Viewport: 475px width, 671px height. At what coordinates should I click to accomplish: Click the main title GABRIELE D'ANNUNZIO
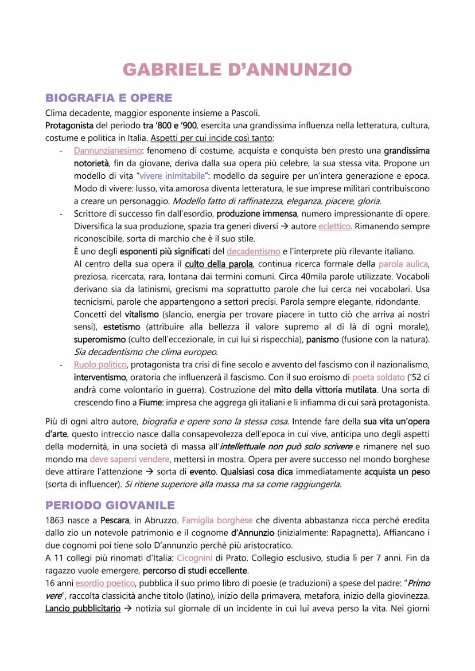point(237,70)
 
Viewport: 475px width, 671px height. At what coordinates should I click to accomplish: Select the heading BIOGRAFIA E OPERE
point(108,97)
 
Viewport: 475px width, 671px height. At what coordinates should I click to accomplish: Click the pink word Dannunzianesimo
point(107,151)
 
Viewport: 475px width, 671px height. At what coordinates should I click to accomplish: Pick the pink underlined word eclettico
point(334,226)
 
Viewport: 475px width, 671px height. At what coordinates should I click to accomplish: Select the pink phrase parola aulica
point(404,264)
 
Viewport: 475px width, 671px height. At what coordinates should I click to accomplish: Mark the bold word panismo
point(324,340)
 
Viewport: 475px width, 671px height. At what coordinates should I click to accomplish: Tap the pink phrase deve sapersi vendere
point(130,459)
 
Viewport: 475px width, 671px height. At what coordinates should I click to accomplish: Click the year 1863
point(57,520)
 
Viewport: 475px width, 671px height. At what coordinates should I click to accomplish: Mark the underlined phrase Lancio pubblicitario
point(83,609)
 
